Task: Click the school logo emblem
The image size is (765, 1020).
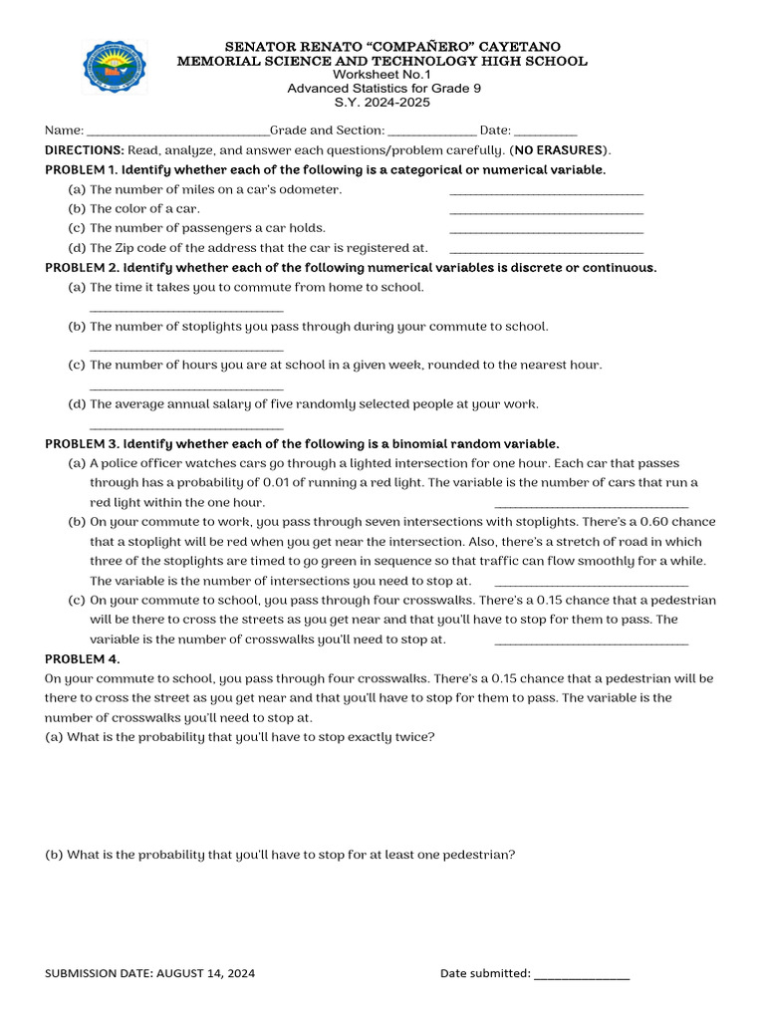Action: (x=115, y=68)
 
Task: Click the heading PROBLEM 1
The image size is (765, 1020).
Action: (x=82, y=169)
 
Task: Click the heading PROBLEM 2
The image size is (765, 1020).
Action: (x=82, y=268)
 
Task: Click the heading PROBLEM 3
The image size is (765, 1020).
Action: (x=82, y=443)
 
